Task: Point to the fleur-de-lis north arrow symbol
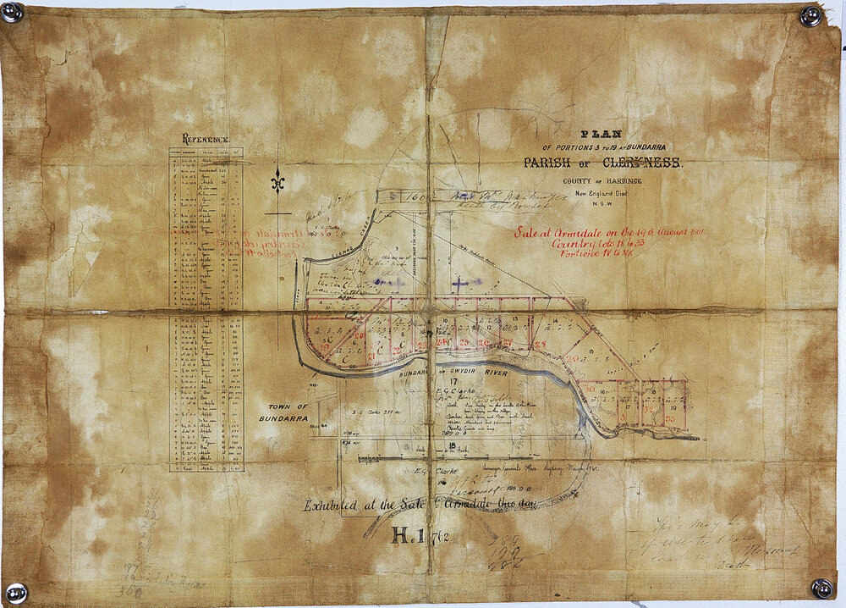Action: tap(277, 181)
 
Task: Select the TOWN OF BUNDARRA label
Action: tap(283, 413)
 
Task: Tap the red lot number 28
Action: tap(541, 343)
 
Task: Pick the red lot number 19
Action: tap(325, 348)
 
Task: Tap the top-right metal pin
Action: tap(810, 15)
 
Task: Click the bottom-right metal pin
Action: tap(821, 588)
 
